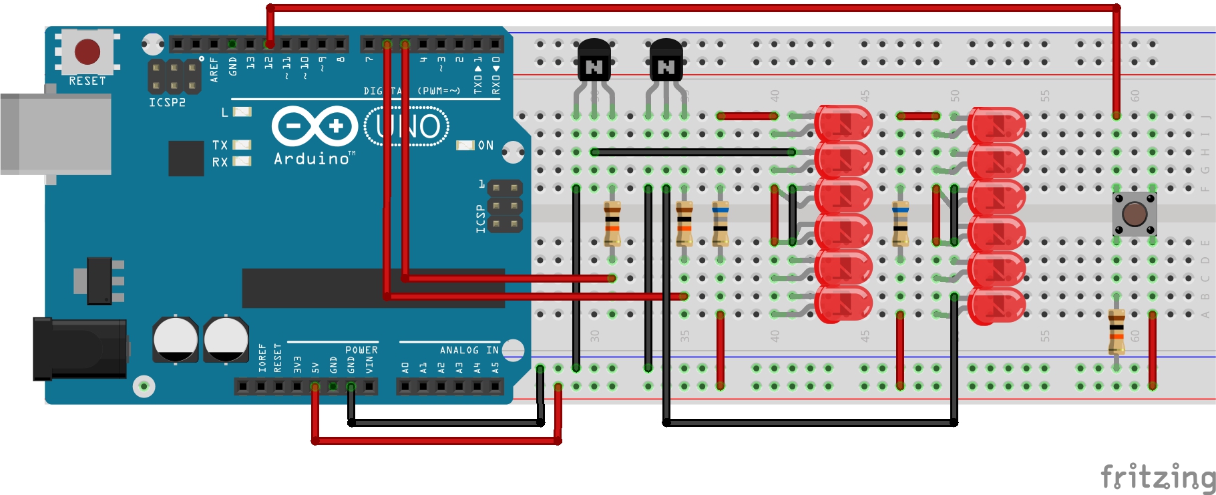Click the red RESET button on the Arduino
coord(87,51)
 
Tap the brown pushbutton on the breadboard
coord(1135,214)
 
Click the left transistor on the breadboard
coord(594,60)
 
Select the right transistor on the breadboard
coord(666,60)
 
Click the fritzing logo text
coord(1158,478)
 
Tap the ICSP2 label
coord(167,103)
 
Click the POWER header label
coord(361,350)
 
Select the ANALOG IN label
coord(469,350)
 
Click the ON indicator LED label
coord(485,145)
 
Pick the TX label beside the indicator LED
coord(220,144)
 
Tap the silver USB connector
coord(56,134)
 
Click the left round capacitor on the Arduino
coord(175,339)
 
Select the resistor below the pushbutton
coord(1117,331)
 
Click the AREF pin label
coord(214,69)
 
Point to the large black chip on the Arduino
coord(373,288)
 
